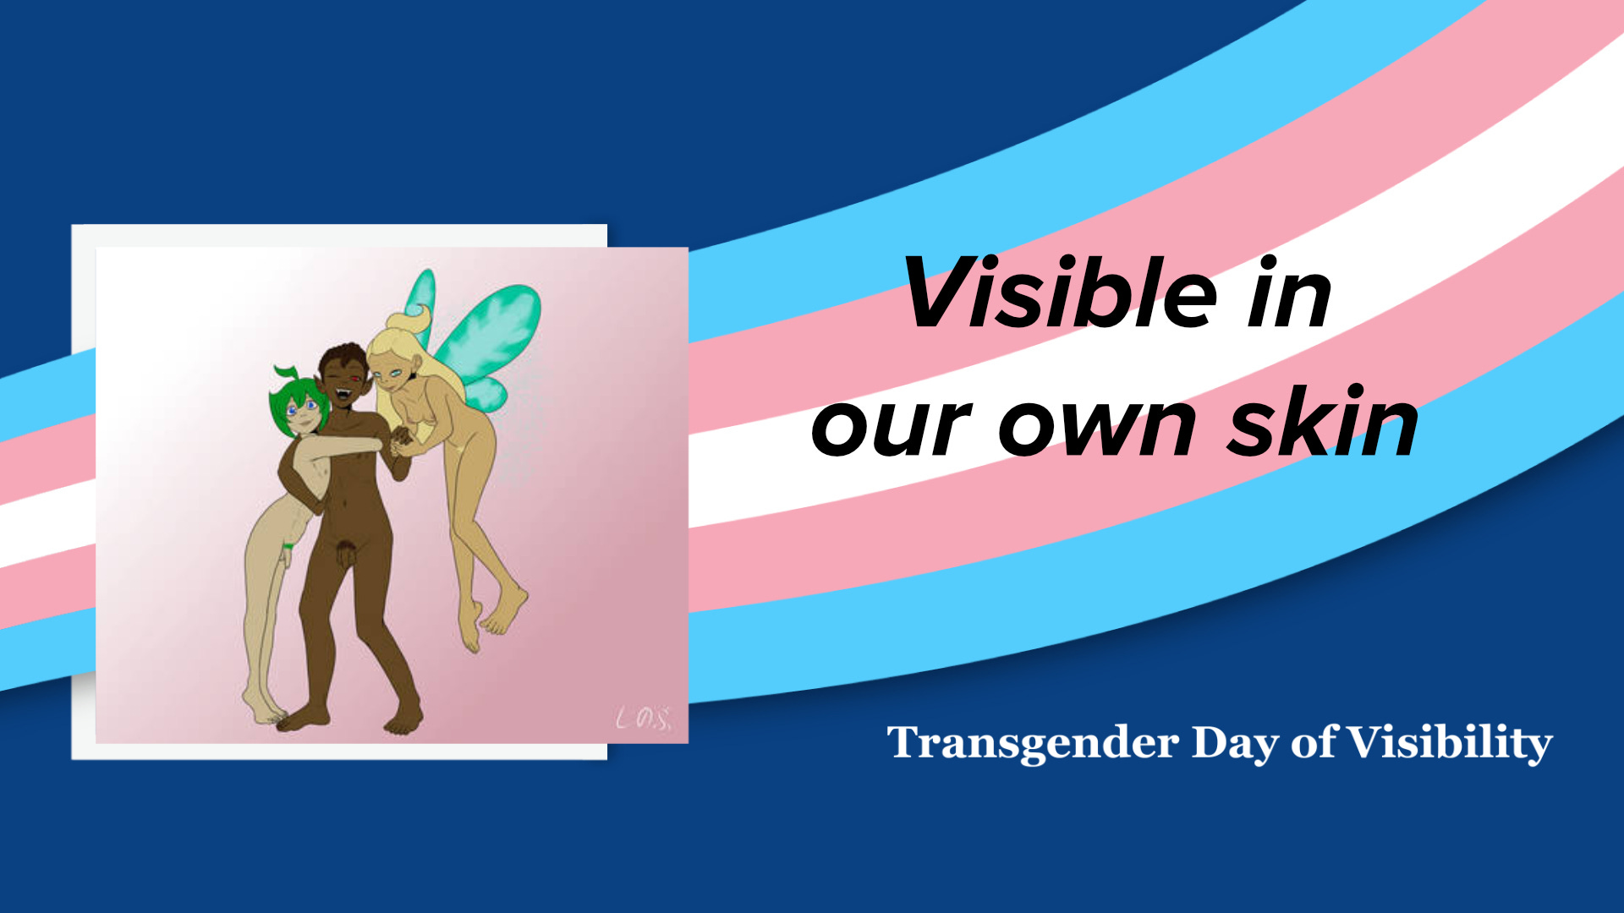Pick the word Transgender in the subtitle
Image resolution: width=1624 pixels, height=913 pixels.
pos(1033,743)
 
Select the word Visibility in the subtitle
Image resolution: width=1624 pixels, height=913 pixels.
pos(1449,743)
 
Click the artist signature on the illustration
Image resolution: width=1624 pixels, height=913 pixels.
pos(644,719)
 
